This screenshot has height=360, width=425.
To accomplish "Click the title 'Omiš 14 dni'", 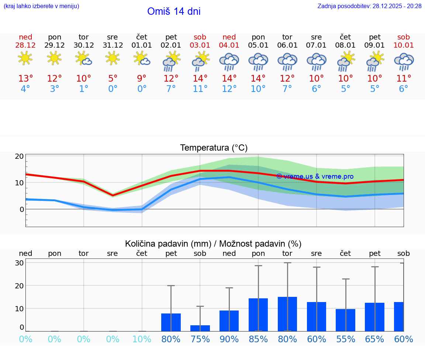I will [174, 11].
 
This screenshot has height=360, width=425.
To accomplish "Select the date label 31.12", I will [113, 45].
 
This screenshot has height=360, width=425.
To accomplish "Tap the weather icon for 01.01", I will [142, 58].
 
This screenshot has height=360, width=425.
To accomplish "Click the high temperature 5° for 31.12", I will [113, 79].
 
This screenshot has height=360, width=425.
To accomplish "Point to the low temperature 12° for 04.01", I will [229, 89].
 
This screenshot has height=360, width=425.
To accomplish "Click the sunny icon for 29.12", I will [54, 58].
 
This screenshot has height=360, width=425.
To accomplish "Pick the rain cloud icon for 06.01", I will [287, 62].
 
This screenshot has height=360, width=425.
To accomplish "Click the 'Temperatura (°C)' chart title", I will [214, 148].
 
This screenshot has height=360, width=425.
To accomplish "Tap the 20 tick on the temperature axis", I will [20, 156].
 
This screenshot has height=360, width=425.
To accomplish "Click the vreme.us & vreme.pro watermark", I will [315, 176].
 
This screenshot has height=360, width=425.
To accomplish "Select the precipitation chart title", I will [213, 244].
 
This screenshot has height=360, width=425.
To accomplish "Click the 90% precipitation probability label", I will [229, 339].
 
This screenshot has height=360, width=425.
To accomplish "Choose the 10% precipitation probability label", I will [142, 339].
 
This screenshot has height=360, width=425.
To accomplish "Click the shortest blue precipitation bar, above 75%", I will [200, 328].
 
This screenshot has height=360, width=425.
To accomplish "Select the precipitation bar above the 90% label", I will [229, 321].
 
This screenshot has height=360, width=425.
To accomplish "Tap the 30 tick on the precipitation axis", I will [20, 263].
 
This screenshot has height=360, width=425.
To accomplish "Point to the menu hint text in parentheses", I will [41, 6].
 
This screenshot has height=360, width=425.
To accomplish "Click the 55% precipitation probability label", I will [346, 339].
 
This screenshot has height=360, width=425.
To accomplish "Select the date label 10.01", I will [404, 45].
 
